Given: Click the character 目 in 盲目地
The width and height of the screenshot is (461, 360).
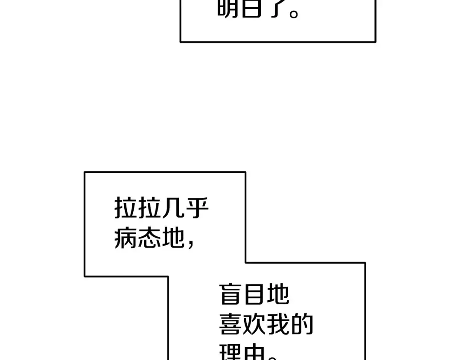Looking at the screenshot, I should coord(254,294).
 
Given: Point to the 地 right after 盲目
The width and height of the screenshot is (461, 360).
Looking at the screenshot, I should coord(278,294).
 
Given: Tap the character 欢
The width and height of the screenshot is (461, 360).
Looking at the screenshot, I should coord(254,325).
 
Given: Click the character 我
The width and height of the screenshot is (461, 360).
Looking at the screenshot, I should coord(278,325).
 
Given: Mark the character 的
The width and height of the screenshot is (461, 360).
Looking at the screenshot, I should coord(302,325).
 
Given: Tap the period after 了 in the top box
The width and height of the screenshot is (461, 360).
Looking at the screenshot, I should coord(294,13).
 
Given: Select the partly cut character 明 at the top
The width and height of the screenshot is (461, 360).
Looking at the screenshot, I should coord(228,8).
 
